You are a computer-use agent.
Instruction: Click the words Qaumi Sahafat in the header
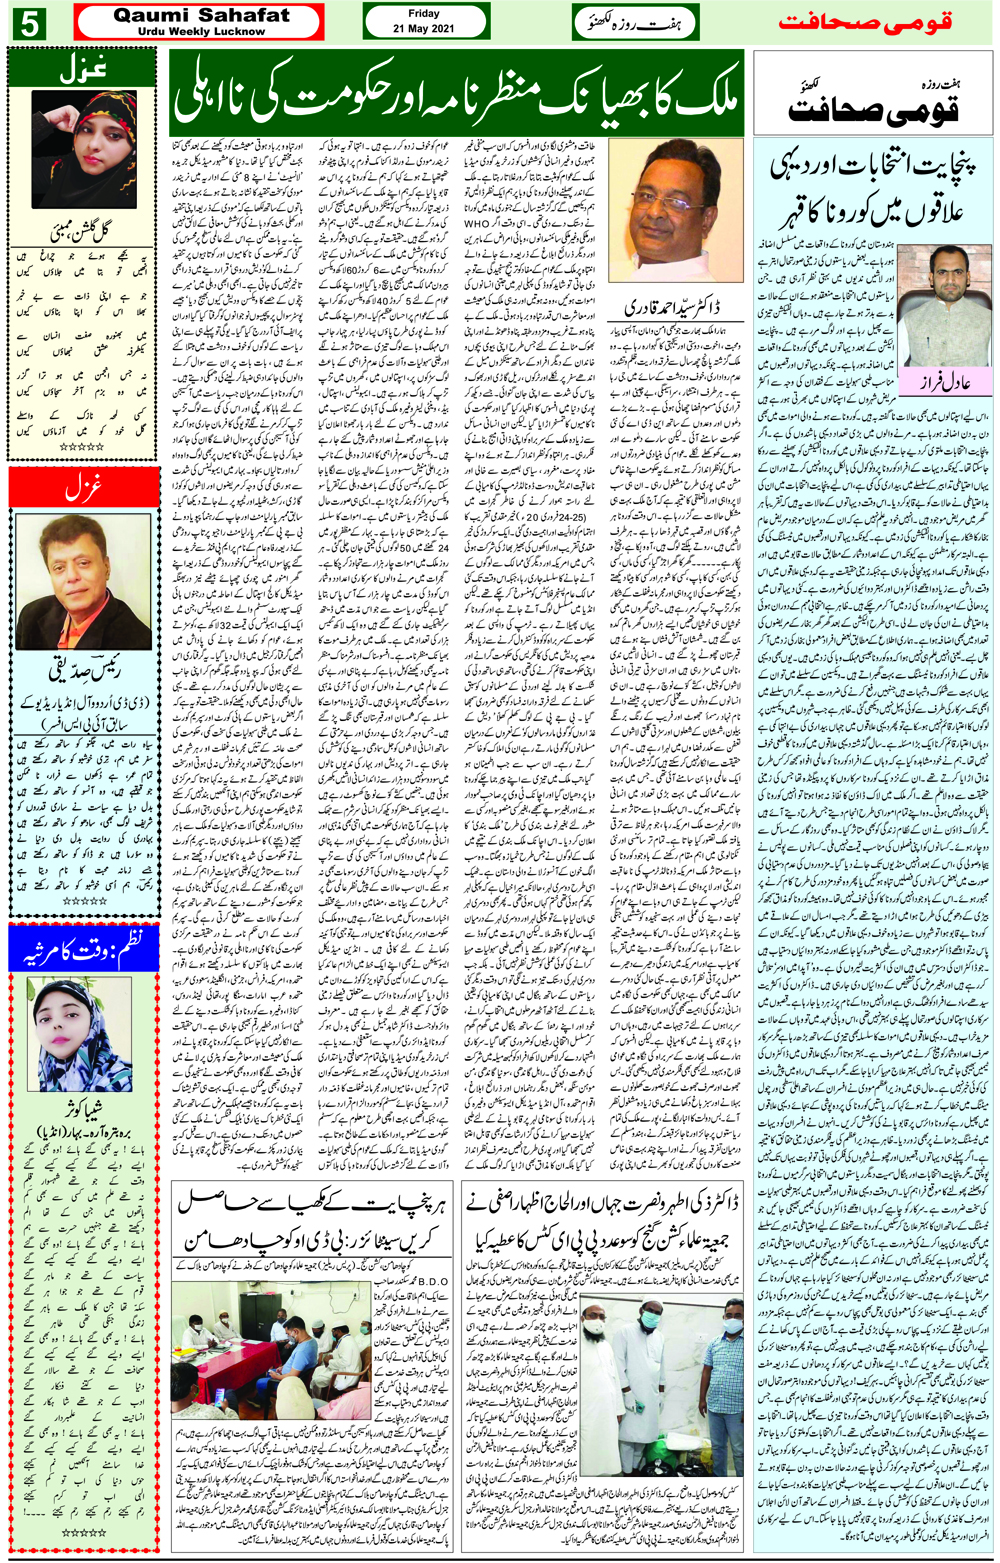[201, 15]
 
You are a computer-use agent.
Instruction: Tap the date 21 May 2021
[423, 29]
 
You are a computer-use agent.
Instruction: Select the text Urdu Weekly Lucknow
[201, 32]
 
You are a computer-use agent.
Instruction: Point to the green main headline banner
[457, 95]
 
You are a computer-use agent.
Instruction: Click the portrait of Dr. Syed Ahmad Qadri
[661, 210]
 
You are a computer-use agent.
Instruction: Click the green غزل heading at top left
[82, 69]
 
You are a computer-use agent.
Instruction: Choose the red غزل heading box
[82, 488]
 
